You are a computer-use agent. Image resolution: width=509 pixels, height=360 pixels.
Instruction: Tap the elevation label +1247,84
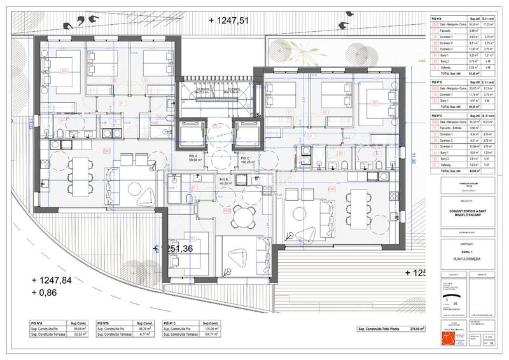55,280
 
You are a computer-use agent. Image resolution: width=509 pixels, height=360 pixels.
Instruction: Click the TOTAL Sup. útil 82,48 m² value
471,74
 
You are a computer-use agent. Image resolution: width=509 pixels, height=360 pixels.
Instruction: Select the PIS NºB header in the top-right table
437,83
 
